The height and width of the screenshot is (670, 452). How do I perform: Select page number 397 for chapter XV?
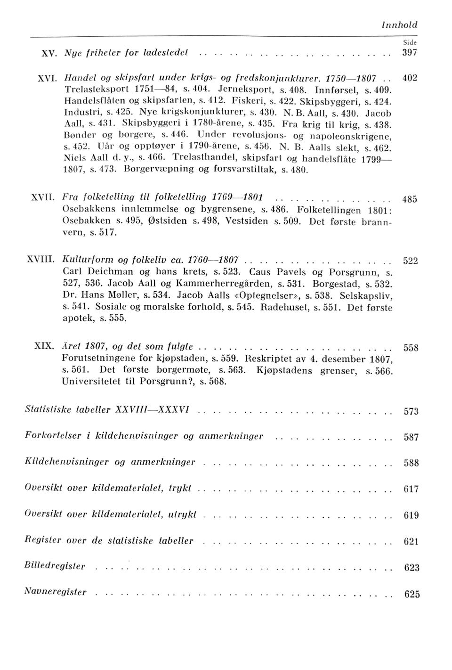pyautogui.click(x=410, y=53)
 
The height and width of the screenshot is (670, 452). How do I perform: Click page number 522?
pyautogui.click(x=411, y=262)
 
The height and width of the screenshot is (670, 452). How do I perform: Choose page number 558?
pyautogui.click(x=411, y=349)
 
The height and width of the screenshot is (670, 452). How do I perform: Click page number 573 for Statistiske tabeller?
pyautogui.click(x=411, y=412)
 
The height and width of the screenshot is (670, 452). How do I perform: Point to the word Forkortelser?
pyautogui.click(x=52, y=435)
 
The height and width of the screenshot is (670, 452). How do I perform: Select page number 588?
pyautogui.click(x=411, y=464)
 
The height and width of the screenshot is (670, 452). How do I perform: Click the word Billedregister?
pyautogui.click(x=55, y=566)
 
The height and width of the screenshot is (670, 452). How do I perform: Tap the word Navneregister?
pyautogui.click(x=56, y=592)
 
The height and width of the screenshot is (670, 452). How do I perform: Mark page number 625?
pyautogui.click(x=412, y=595)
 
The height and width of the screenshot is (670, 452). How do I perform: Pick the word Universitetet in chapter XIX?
pyautogui.click(x=91, y=382)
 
